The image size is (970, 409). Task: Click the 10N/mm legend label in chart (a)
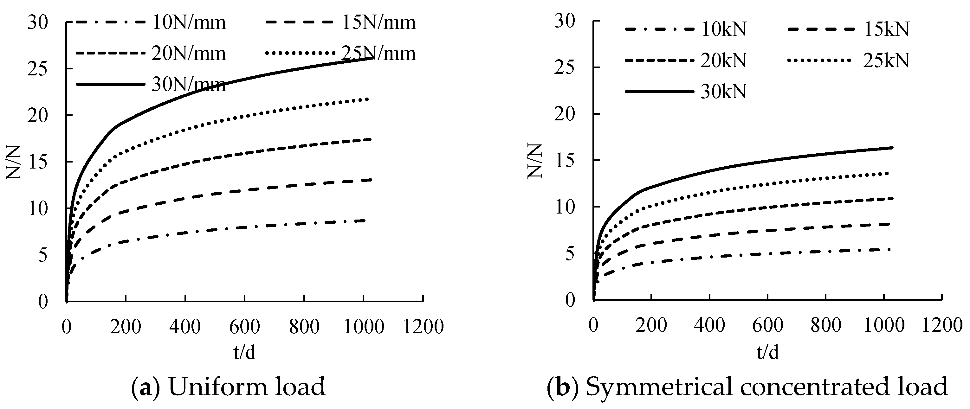pyautogui.click(x=189, y=23)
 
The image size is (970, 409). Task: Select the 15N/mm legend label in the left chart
pyautogui.click(x=378, y=23)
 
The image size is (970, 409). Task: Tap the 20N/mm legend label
pyautogui.click(x=189, y=54)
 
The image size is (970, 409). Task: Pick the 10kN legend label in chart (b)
pyautogui.click(x=723, y=29)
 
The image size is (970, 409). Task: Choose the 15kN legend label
pyautogui.click(x=886, y=29)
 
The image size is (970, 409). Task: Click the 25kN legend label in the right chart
pyautogui.click(x=886, y=61)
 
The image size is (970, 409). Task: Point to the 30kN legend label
pyautogui.click(x=723, y=92)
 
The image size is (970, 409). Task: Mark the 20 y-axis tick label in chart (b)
pyautogui.click(x=565, y=114)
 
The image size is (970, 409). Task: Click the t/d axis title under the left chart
pyautogui.click(x=244, y=352)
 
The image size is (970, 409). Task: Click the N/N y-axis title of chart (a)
pyautogui.click(x=14, y=162)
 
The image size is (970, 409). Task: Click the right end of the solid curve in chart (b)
pyautogui.click(x=892, y=148)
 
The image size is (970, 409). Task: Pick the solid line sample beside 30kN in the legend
pyautogui.click(x=659, y=92)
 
